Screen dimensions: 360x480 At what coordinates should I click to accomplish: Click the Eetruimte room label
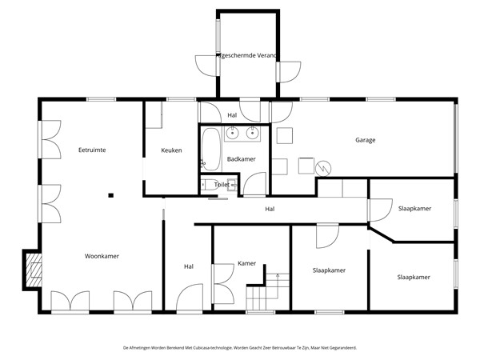[92, 150]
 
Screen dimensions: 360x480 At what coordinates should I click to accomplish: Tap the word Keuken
[171, 150]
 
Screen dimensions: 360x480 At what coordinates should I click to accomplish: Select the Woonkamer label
[102, 256]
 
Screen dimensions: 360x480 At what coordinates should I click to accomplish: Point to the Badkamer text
[241, 159]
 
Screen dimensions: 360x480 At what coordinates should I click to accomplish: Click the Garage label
[365, 140]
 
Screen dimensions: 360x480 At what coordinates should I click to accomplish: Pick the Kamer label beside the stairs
[246, 263]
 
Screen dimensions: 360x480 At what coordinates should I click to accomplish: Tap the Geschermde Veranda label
[247, 56]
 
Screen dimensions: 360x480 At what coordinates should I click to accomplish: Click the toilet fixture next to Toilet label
[207, 185]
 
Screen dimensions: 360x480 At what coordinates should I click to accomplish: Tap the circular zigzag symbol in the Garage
[323, 168]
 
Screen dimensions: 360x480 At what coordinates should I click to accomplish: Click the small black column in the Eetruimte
[111, 194]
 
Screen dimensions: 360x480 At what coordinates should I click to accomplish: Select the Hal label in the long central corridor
[270, 210]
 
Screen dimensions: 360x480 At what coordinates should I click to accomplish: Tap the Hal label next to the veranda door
[232, 115]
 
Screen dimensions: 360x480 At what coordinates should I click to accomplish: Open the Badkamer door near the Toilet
[254, 185]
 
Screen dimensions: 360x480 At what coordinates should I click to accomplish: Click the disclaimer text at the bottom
[240, 348]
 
